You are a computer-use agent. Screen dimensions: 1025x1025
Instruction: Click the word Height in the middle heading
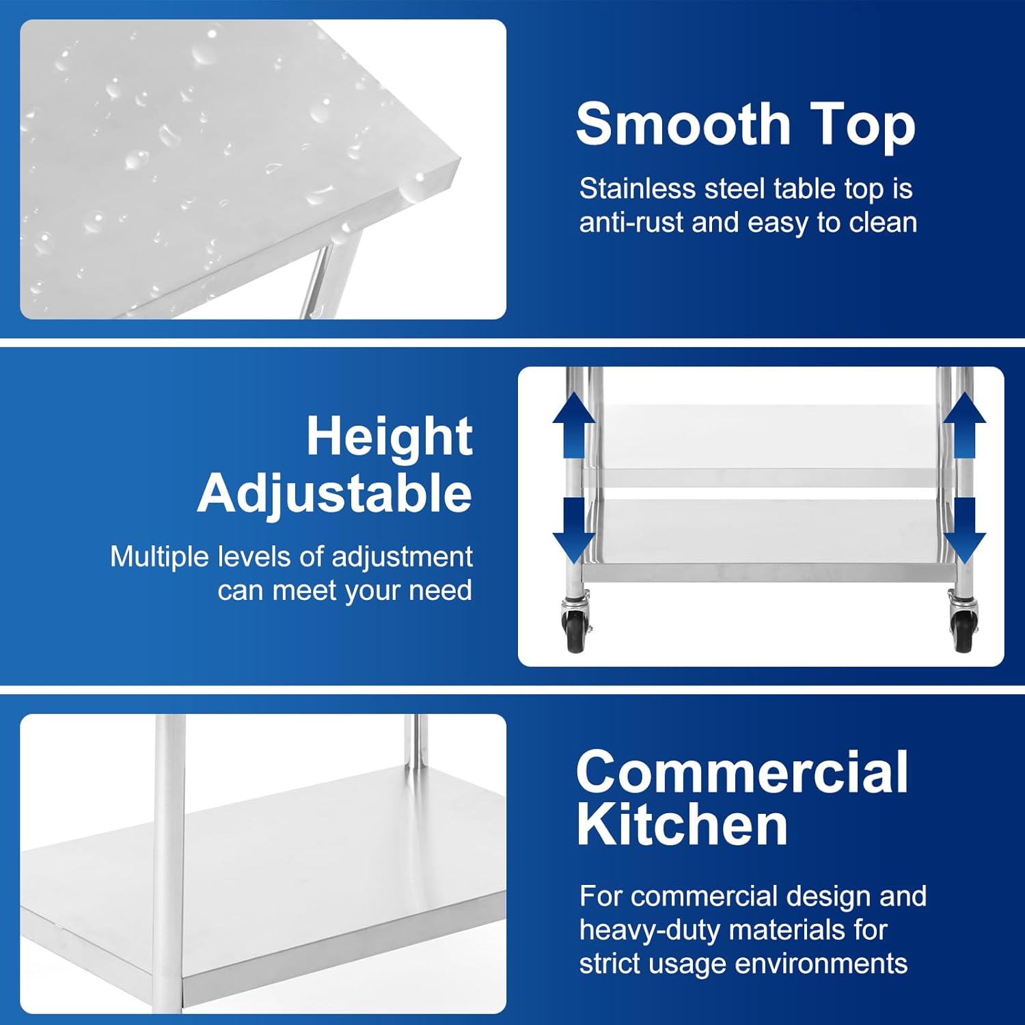[x=389, y=437]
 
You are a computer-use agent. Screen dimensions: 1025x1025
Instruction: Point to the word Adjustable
[x=335, y=493]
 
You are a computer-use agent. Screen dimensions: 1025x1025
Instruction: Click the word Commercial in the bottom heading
[x=742, y=772]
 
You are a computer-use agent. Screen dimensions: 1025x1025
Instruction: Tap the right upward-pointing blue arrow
[x=964, y=425]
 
